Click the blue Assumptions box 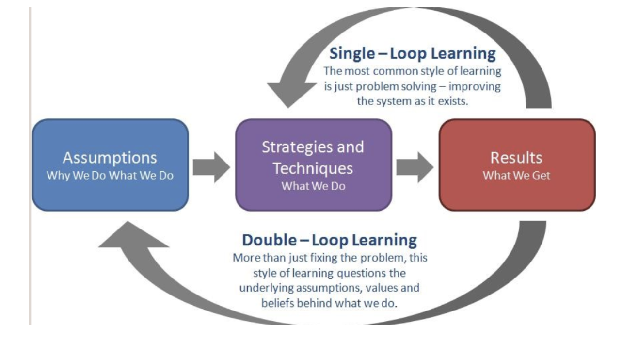coord(110,165)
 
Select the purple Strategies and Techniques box coord(314,165)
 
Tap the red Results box coord(517,165)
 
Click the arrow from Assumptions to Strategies coord(211,167)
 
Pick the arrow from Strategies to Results coord(415,167)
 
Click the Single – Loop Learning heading coord(413,53)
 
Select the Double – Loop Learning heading coord(329,240)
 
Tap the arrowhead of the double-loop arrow coord(133,234)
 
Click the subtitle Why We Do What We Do coord(110,175)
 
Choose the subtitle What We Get coord(516,175)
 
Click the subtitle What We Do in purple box coord(313,186)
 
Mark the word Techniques coord(313,168)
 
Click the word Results coord(516,158)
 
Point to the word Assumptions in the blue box coord(110,158)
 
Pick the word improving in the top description coord(475,87)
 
